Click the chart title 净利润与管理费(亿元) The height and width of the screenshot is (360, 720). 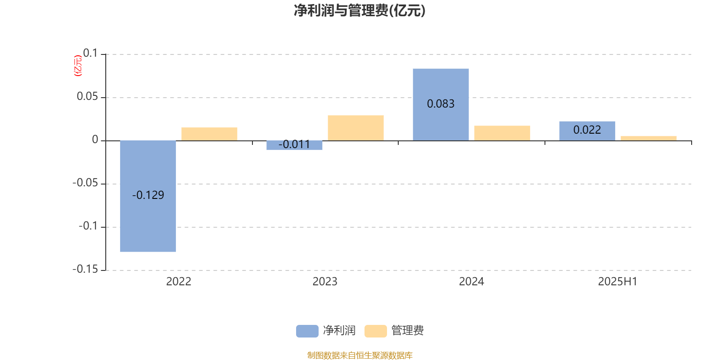point(360,11)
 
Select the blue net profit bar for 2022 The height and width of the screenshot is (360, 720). point(148,196)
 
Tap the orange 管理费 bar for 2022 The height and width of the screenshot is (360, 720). point(209,134)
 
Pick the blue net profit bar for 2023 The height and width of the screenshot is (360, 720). point(294,145)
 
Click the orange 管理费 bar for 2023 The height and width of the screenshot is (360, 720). point(356,128)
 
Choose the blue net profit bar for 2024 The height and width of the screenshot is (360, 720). point(441,104)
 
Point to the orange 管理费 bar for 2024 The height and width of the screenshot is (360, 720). point(502,133)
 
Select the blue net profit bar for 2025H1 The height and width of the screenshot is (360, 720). point(587,131)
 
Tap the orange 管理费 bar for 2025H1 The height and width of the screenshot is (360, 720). point(648,139)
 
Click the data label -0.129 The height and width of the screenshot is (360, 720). point(148,195)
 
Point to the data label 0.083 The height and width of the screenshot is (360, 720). point(441,104)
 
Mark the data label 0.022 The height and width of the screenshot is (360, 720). point(587,130)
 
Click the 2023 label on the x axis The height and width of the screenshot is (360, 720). point(325,282)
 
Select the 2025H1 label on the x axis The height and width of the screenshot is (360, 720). point(617,282)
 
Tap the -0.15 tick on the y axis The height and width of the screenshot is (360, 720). point(85,270)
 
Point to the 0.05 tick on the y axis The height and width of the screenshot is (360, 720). point(87,96)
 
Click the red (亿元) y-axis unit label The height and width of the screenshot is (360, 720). point(78,66)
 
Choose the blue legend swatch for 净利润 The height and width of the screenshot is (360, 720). point(307,331)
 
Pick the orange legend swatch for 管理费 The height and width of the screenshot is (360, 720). point(375,331)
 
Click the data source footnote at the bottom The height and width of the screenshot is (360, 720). point(360,355)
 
